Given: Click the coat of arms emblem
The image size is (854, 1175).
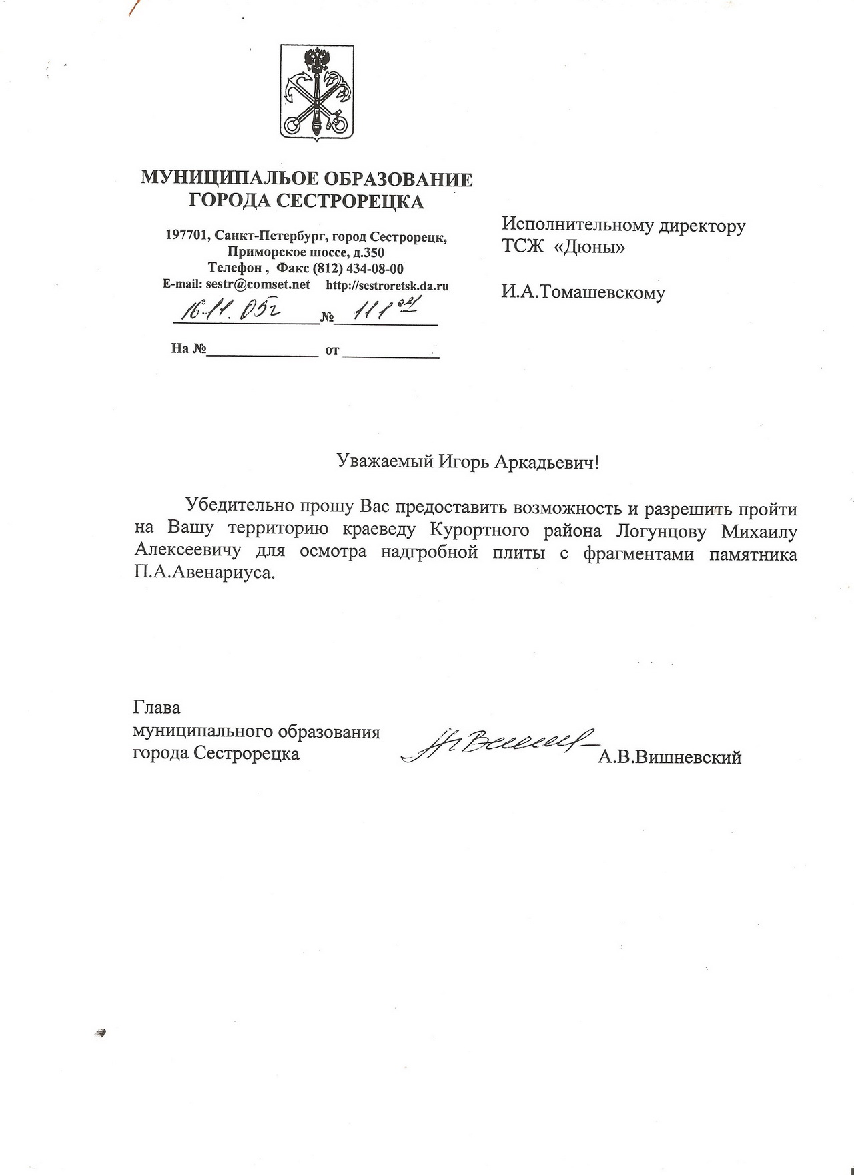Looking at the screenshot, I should (316, 91).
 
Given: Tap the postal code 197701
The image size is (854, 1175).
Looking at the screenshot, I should (186, 236).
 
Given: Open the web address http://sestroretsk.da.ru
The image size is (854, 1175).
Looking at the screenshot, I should (387, 286).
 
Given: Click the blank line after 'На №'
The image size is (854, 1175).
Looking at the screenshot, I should (262, 352).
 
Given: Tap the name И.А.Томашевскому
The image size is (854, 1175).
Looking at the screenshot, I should (583, 292).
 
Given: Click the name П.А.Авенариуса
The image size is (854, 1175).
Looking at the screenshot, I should (203, 573).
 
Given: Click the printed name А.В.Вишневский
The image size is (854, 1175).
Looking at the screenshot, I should (670, 757).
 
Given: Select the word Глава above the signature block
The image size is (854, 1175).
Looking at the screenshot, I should (157, 707).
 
